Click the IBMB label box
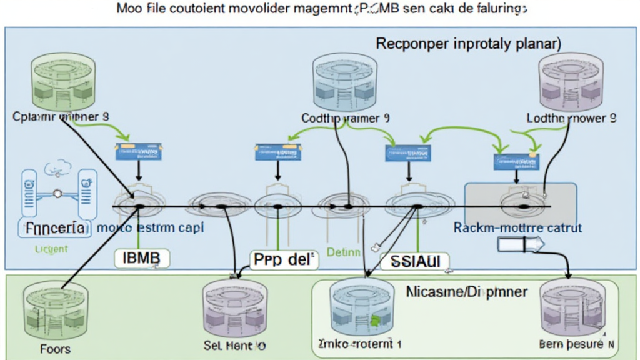(x=143, y=257)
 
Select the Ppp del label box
(x=282, y=259)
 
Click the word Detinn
(x=344, y=253)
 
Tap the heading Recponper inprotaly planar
(x=468, y=45)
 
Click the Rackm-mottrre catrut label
(x=518, y=228)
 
